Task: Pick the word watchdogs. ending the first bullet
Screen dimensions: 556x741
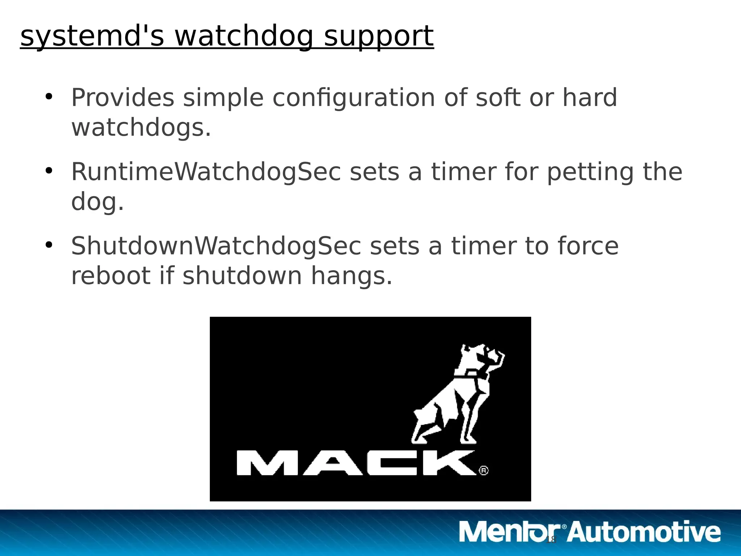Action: click(x=141, y=128)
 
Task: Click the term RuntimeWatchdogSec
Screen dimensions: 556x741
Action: click(x=206, y=172)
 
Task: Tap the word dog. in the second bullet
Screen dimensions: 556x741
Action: click(x=97, y=202)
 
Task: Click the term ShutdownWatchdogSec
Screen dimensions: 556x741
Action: click(x=216, y=246)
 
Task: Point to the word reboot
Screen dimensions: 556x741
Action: click(x=111, y=276)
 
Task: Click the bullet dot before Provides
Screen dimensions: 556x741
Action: click(x=49, y=97)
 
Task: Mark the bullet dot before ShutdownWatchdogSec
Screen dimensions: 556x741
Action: click(x=49, y=245)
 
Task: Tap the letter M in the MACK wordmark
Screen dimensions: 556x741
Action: click(x=267, y=463)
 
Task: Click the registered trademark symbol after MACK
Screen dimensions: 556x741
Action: click(x=484, y=470)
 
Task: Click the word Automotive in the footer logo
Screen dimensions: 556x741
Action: click(x=644, y=532)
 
